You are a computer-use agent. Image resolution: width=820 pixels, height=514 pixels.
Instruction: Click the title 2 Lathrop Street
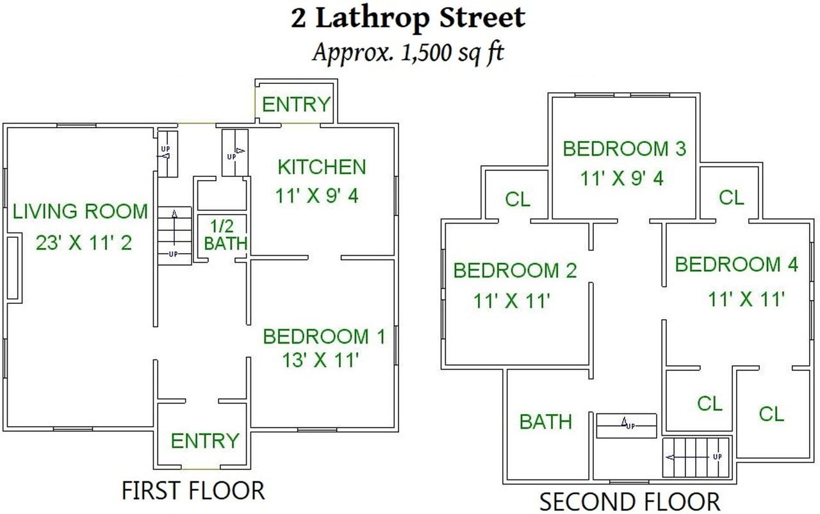[x=408, y=18]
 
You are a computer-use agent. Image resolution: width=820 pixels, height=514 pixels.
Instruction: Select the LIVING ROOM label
[x=80, y=211]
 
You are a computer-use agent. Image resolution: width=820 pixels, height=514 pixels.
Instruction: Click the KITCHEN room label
[x=322, y=167]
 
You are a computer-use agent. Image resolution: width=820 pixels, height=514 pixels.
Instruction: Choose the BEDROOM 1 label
[x=324, y=336]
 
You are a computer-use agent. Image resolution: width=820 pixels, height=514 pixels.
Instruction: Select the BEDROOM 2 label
[x=515, y=270]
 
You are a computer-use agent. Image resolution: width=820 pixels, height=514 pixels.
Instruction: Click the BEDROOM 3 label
[x=624, y=149]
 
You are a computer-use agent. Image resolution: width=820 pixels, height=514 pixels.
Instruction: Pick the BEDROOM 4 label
[x=737, y=265]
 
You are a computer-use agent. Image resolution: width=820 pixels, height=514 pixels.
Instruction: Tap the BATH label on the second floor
[x=545, y=422]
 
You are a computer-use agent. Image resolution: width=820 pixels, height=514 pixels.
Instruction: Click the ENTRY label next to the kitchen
[x=296, y=104]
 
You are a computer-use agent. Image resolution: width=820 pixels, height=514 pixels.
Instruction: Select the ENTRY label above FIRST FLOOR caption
[x=204, y=441]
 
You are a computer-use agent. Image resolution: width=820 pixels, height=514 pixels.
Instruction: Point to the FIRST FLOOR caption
[x=193, y=490]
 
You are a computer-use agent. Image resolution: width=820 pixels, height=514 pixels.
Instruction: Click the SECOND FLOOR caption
[x=630, y=501]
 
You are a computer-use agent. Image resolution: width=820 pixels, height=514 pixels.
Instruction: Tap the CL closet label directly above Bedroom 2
[x=518, y=199]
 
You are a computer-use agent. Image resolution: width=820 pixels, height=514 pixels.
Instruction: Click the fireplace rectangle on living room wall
[x=12, y=267]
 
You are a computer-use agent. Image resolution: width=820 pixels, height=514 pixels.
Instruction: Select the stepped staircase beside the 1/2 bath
[x=175, y=235]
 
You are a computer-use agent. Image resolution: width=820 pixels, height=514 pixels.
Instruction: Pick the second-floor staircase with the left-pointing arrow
[x=696, y=458]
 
